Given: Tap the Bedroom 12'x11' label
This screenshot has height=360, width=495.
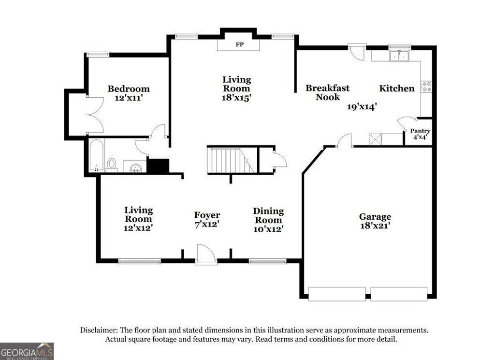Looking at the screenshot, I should [x=128, y=93].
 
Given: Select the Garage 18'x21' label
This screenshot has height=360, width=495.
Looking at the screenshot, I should [x=375, y=221].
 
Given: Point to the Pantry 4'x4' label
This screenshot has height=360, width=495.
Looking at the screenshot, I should [x=420, y=134].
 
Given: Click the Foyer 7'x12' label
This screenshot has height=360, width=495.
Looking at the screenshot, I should [x=207, y=219].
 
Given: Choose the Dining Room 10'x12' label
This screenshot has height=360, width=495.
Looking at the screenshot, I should [x=268, y=220].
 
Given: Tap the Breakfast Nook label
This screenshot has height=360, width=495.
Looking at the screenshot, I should [x=327, y=92].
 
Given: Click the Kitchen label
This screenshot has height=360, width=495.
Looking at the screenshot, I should [x=396, y=88].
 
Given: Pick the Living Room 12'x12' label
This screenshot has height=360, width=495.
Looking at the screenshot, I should [x=138, y=219].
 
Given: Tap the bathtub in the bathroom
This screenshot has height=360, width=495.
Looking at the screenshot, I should [x=96, y=156].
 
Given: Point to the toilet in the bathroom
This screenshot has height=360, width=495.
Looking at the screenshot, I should [x=112, y=165].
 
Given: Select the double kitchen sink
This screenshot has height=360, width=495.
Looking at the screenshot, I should [x=399, y=56].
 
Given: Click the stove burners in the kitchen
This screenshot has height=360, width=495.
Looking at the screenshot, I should [x=426, y=87].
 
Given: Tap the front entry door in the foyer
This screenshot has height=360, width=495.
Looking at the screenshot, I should [x=206, y=255].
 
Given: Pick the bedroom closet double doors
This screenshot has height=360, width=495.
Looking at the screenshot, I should [x=94, y=115].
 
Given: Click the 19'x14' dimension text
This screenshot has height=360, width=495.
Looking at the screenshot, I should [x=362, y=107].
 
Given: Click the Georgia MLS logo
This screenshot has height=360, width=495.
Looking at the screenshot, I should [x=27, y=351].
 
